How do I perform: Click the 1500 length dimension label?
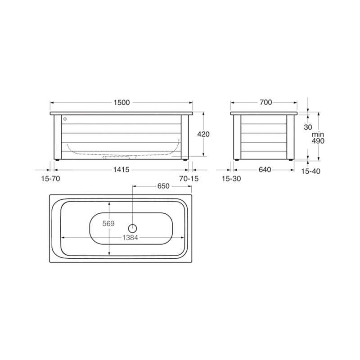click(121, 103)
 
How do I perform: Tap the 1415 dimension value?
click(121, 170)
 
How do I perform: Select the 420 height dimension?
click(203, 134)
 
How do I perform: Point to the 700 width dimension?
click(265, 102)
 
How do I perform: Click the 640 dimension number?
click(265, 170)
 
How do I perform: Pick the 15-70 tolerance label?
click(50, 178)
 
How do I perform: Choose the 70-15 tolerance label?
click(189, 178)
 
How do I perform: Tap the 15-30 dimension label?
click(231, 178)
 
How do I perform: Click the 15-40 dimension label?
click(310, 171)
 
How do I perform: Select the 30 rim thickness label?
click(308, 127)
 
